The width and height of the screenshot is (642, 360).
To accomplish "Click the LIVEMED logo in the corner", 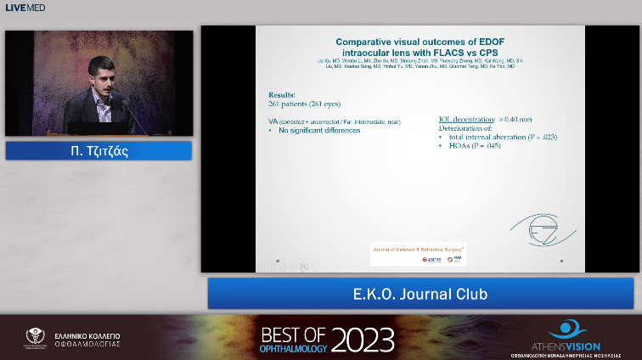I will click(24, 8).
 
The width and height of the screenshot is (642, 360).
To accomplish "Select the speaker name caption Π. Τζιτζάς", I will click(98, 151).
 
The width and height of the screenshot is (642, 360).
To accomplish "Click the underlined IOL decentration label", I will click(465, 120).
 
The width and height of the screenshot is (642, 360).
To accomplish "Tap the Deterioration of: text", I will click(465, 128).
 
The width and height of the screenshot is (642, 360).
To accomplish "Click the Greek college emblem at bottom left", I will click(35, 337).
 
